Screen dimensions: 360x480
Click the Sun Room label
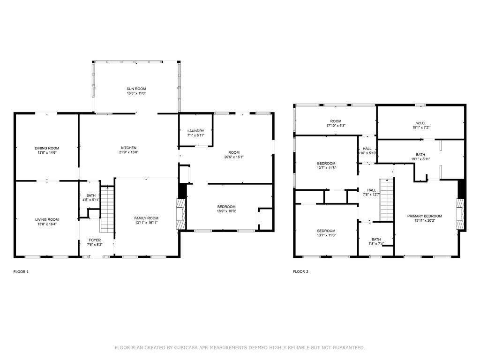136,89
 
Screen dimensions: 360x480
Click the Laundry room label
195,131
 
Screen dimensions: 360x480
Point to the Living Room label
46,219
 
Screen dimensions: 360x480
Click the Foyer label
95,240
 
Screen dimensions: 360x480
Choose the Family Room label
146,218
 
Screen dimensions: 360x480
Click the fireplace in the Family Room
180,214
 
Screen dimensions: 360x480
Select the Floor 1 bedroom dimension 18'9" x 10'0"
226,211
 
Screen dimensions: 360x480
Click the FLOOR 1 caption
21,271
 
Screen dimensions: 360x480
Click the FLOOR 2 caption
300,271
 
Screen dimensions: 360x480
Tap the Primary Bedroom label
424,216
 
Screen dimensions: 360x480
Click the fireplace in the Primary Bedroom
461,214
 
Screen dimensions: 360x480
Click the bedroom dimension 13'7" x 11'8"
326,168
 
